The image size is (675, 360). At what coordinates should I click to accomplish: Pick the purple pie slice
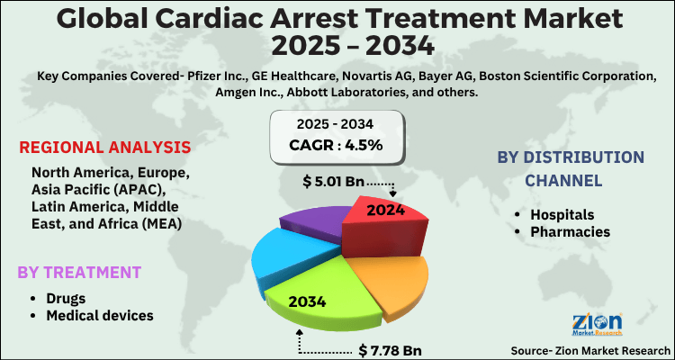(x=311, y=221)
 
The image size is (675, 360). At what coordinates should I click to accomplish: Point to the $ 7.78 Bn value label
(x=389, y=348)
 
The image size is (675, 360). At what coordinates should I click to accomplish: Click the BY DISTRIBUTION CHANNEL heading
(x=571, y=168)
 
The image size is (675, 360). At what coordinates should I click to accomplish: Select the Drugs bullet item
(x=65, y=297)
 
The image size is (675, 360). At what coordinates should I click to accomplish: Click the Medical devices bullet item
(x=100, y=315)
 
